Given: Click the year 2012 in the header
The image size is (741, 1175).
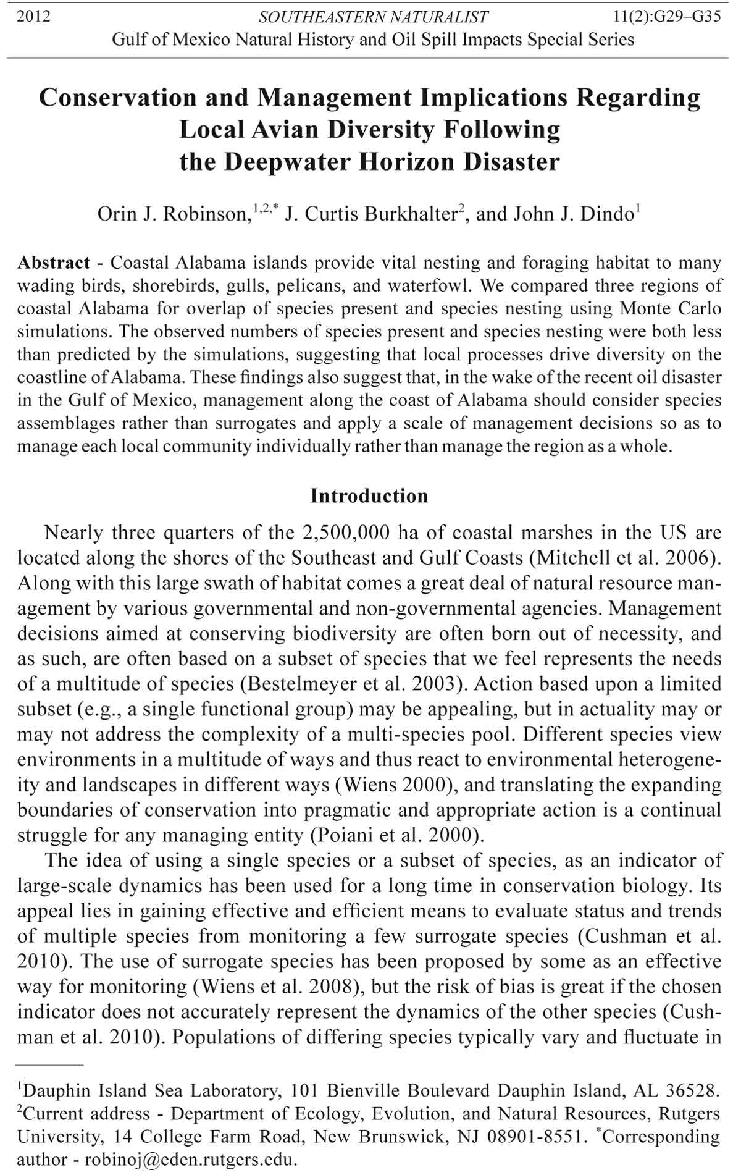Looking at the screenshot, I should (x=33, y=17).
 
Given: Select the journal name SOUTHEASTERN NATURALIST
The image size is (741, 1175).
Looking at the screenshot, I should (x=373, y=17).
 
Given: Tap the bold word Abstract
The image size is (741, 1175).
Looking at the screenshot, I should (x=54, y=263).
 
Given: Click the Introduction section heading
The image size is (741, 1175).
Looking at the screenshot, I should (x=369, y=495).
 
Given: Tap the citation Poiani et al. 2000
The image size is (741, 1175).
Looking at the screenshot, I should (x=395, y=836).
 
